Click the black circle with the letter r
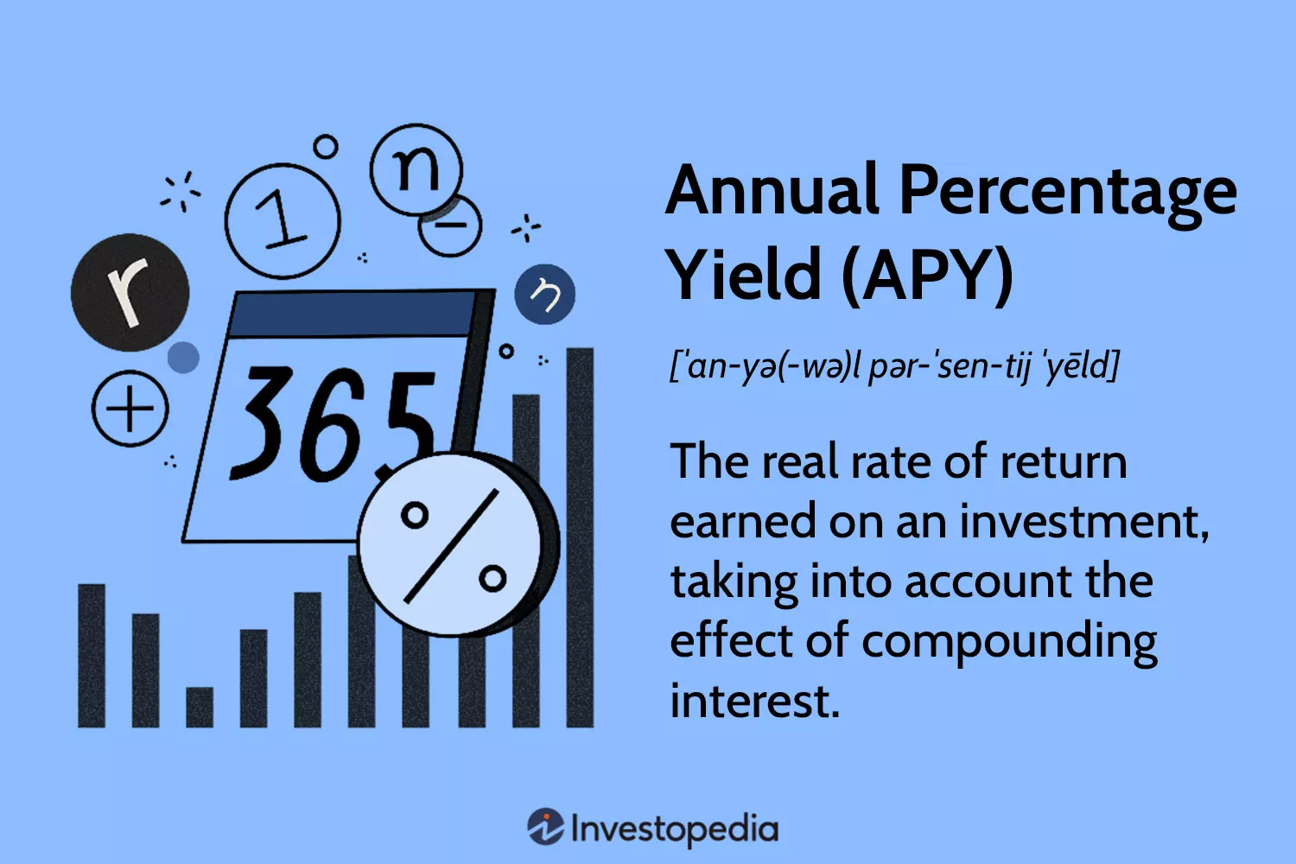(x=130, y=292)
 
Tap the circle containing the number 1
(x=283, y=220)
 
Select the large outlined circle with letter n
(x=416, y=168)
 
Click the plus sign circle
(x=130, y=408)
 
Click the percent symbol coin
(x=453, y=544)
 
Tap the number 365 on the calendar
(x=333, y=423)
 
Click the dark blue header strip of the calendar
(x=354, y=314)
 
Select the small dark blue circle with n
(x=544, y=295)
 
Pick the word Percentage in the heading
(x=1068, y=193)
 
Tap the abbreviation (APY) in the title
(x=926, y=275)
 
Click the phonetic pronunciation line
(x=894, y=366)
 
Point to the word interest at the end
(x=753, y=701)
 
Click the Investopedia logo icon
(x=546, y=827)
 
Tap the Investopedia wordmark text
(x=675, y=829)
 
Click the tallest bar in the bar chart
(x=580, y=536)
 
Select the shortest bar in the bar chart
(x=200, y=707)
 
